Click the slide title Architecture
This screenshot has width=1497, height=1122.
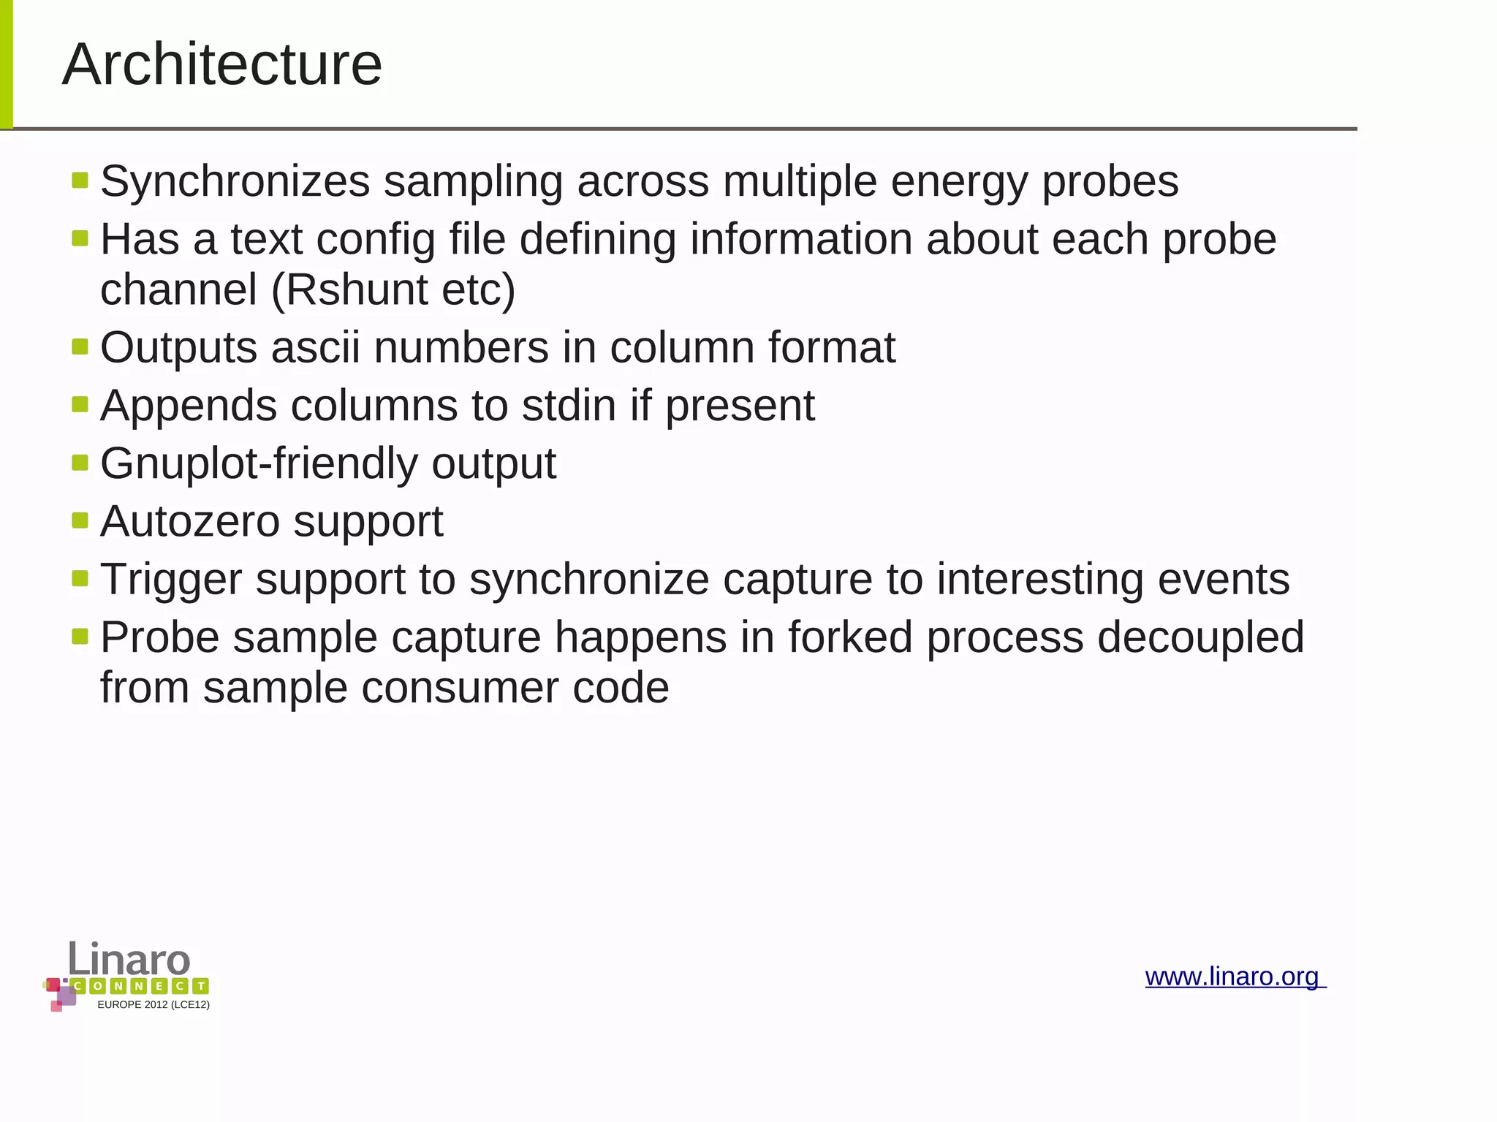[222, 64]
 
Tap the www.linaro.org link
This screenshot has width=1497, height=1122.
[1234, 977]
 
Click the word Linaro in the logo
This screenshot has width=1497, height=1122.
[129, 958]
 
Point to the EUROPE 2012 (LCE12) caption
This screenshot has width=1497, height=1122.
[154, 1005]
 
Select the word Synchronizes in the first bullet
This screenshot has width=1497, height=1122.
[235, 181]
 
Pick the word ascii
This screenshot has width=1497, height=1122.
[316, 347]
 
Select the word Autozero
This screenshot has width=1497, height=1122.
[190, 521]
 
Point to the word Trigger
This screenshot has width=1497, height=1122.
[170, 580]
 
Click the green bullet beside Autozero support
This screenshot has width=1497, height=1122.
[80, 520]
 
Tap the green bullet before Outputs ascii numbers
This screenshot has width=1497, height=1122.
[80, 346]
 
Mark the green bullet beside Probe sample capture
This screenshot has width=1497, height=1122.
[80, 637]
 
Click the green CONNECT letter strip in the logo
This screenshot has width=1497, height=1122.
[140, 986]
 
